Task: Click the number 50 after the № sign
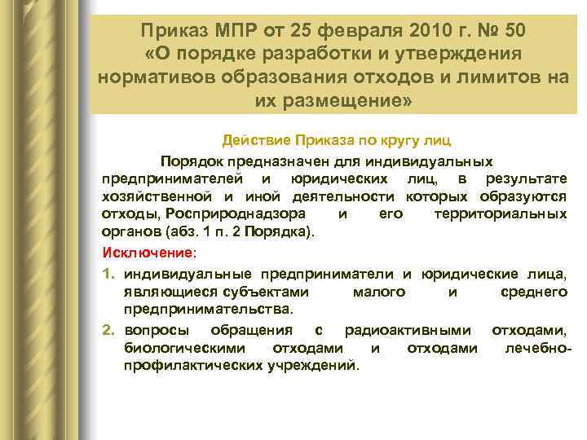click(x=514, y=31)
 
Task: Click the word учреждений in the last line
click(x=313, y=366)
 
